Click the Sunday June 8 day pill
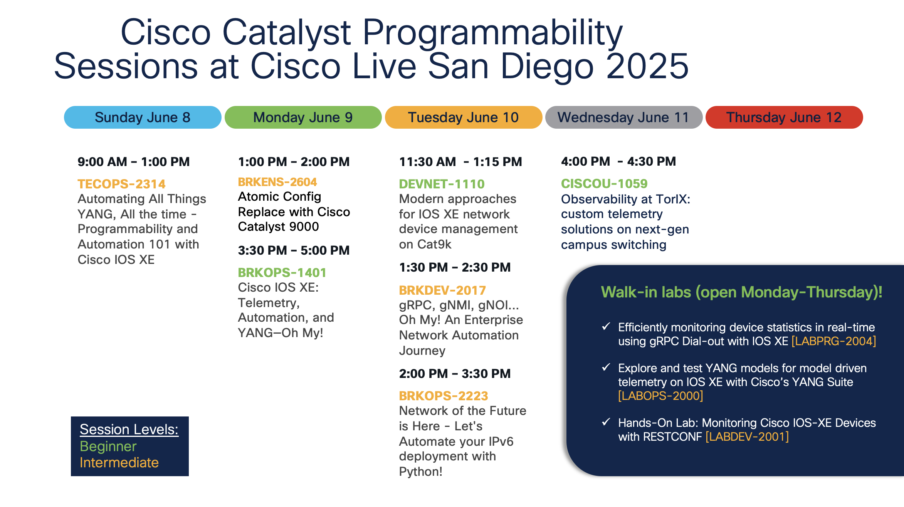pyautogui.click(x=143, y=117)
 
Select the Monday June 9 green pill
pyautogui.click(x=303, y=117)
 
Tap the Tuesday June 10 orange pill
pyautogui.click(x=464, y=117)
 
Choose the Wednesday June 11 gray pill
pyautogui.click(x=624, y=117)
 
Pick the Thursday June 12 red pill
pyautogui.click(x=784, y=117)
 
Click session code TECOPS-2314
pyautogui.click(x=121, y=184)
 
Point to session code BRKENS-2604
pyautogui.click(x=277, y=182)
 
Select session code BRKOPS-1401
pyautogui.click(x=282, y=273)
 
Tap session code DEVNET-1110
pyautogui.click(x=442, y=184)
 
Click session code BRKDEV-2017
pyautogui.click(x=442, y=290)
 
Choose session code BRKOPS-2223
pyautogui.click(x=444, y=396)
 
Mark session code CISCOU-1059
pyautogui.click(x=604, y=184)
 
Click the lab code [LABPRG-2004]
pyautogui.click(x=834, y=341)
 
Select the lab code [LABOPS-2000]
pyautogui.click(x=661, y=396)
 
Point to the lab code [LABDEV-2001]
pyautogui.click(x=747, y=437)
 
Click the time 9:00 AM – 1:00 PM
pyautogui.click(x=134, y=162)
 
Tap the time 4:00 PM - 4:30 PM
pyautogui.click(x=618, y=161)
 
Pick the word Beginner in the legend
pyautogui.click(x=108, y=447)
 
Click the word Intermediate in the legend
pyautogui.click(x=119, y=463)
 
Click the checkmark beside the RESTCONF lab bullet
pyautogui.click(x=606, y=422)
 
